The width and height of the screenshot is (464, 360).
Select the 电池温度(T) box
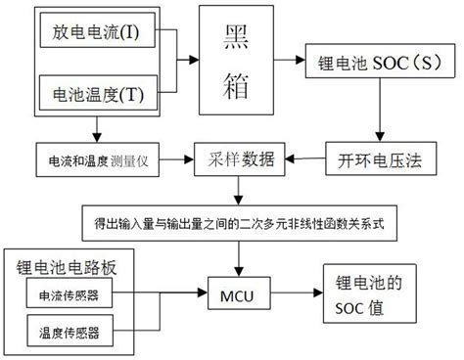(94, 96)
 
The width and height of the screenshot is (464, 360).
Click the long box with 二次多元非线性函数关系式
(241, 224)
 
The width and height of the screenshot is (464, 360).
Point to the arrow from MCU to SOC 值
(300, 292)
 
